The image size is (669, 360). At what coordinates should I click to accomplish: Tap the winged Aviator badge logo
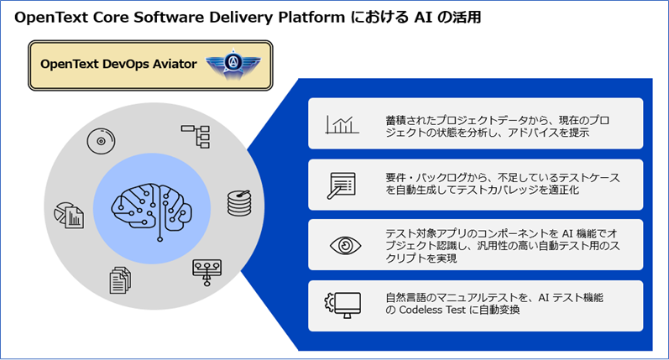[x=233, y=65]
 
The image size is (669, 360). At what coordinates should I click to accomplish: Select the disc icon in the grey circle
[x=101, y=141]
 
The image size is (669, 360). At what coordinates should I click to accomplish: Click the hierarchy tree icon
[x=196, y=136]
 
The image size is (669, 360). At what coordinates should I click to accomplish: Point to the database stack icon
[x=239, y=203]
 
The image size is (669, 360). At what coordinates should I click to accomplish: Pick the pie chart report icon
[x=69, y=216]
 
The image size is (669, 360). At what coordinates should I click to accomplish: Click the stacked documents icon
[x=120, y=280]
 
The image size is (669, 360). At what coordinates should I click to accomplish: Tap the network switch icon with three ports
[x=207, y=272]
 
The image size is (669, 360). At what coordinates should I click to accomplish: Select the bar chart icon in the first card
[x=342, y=125]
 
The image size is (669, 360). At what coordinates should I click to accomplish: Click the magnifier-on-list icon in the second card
[x=342, y=185]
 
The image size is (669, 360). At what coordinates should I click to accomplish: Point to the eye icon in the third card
[x=345, y=246]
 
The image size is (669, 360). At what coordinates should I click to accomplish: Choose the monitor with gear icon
[x=342, y=305]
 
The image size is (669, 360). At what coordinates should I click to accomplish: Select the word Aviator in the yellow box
[x=177, y=64]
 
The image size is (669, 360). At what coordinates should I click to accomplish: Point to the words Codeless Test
[x=432, y=310]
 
